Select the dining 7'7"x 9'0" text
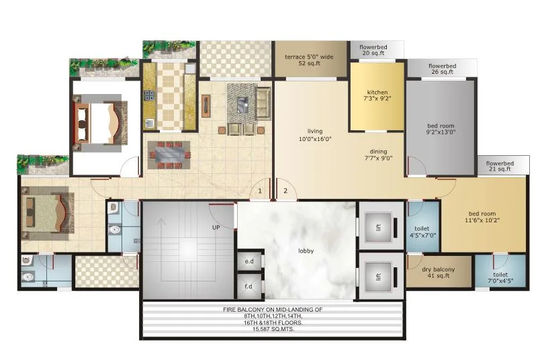coord(379,155)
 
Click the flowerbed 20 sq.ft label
coord(376,50)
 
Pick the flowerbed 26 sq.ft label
coord(443,70)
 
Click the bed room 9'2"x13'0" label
coord(441,129)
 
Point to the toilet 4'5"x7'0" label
coord(422,232)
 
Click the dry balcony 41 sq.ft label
coord(438,273)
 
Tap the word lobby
coord(306,251)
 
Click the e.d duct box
coord(248,261)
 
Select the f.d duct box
coord(248,287)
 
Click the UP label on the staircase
coord(216,228)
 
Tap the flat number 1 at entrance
coord(261,191)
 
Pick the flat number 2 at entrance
coord(285,191)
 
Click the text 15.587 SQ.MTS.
coord(273,330)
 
